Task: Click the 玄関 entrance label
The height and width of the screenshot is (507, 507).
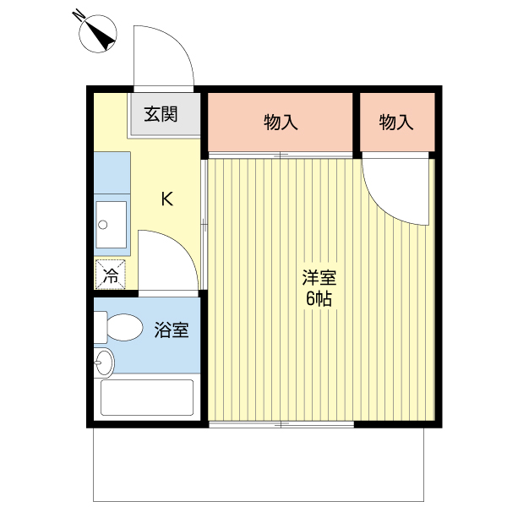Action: point(161,114)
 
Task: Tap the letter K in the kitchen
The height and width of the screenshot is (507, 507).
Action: point(167,199)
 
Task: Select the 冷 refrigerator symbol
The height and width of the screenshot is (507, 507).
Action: point(110,275)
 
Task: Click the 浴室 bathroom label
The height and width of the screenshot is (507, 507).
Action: point(171,330)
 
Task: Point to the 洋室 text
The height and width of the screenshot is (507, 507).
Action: point(319,278)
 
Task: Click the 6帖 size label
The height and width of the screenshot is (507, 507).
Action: point(319,298)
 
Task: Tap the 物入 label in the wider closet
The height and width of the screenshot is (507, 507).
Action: point(281,123)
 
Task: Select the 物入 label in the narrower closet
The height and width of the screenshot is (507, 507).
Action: point(396,123)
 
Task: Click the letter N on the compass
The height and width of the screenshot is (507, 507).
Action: point(78,15)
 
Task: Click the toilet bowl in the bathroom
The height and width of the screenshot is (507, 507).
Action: point(125,327)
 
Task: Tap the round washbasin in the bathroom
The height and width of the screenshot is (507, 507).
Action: point(104,363)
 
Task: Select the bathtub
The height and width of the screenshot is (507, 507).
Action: point(147,397)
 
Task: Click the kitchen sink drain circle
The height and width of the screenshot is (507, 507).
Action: point(103,225)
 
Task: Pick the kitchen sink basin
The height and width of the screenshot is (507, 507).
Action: point(112,225)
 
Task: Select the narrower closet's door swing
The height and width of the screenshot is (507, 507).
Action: point(382,206)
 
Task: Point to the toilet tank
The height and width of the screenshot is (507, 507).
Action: point(101,327)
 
